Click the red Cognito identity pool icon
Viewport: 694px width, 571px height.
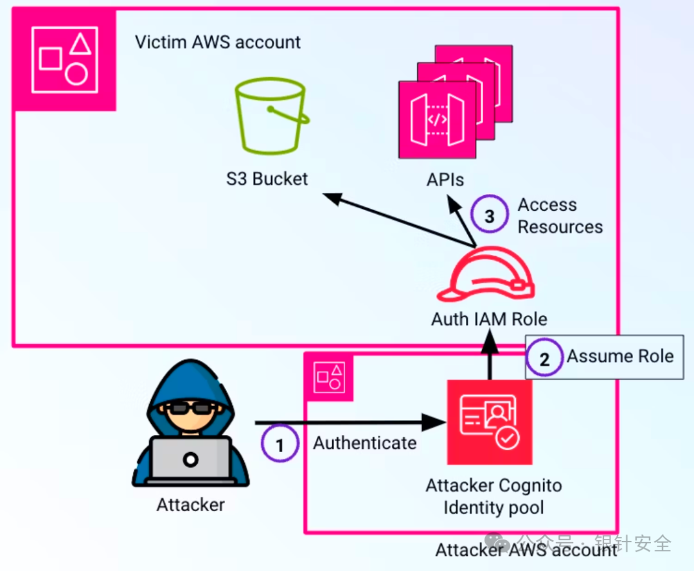tap(490, 422)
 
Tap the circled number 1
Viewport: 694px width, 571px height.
tap(280, 444)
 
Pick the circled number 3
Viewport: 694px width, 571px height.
tap(490, 216)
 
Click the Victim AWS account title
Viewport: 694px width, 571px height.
tap(218, 42)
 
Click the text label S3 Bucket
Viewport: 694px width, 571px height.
tap(267, 178)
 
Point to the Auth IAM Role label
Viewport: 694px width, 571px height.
tap(489, 319)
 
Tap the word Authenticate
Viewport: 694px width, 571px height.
tap(364, 443)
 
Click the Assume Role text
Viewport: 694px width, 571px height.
tap(619, 356)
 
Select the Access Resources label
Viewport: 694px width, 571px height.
tap(560, 216)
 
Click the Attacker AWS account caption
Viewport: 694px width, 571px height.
tap(526, 550)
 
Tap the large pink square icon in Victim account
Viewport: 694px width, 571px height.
tap(64, 59)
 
